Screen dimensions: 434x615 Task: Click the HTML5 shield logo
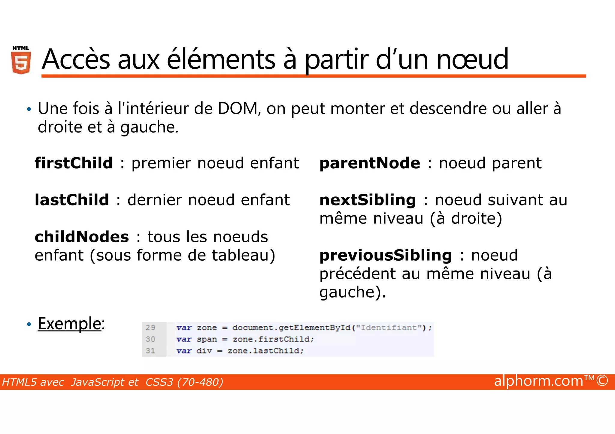pos(21,60)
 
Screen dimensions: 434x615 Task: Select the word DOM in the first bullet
pos(238,109)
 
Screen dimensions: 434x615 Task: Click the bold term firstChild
pos(74,163)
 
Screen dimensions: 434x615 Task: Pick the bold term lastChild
pos(72,200)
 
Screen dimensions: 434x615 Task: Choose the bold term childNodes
pos(82,237)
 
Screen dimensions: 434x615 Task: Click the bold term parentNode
pos(370,163)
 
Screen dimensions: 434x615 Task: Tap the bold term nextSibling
pos(368,200)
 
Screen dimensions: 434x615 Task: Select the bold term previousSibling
pos(386,255)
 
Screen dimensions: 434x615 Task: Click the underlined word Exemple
pos(69,324)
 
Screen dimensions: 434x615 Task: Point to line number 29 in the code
pos(150,328)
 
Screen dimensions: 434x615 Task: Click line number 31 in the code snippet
pos(150,351)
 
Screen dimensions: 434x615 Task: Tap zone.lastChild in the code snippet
pos(265,351)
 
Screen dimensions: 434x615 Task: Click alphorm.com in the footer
pos(538,381)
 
